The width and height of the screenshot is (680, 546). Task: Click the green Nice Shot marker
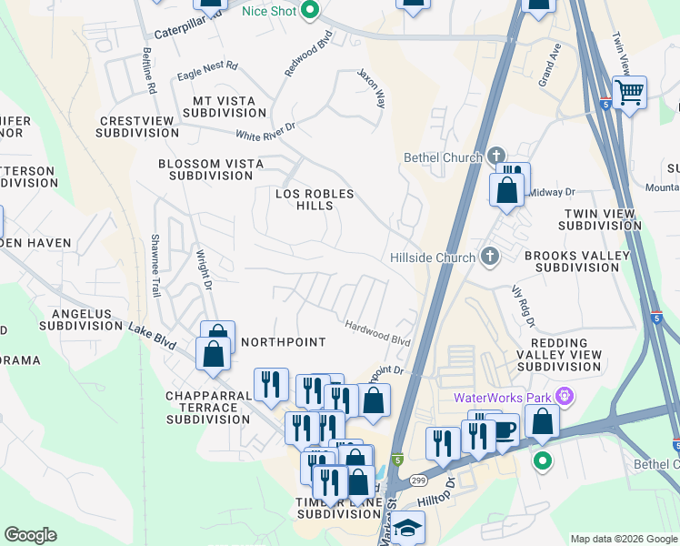pyautogui.click(x=309, y=11)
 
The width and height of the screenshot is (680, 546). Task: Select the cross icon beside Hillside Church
pyautogui.click(x=490, y=257)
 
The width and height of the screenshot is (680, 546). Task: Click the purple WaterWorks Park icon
pyautogui.click(x=565, y=397)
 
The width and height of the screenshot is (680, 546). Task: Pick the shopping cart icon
pyautogui.click(x=628, y=91)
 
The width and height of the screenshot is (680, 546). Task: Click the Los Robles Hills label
pyautogui.click(x=315, y=199)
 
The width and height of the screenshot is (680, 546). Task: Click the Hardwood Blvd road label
pyautogui.click(x=377, y=332)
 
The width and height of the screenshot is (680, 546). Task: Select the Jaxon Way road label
pyautogui.click(x=372, y=88)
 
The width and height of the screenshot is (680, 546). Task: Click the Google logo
pyautogui.click(x=30, y=535)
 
